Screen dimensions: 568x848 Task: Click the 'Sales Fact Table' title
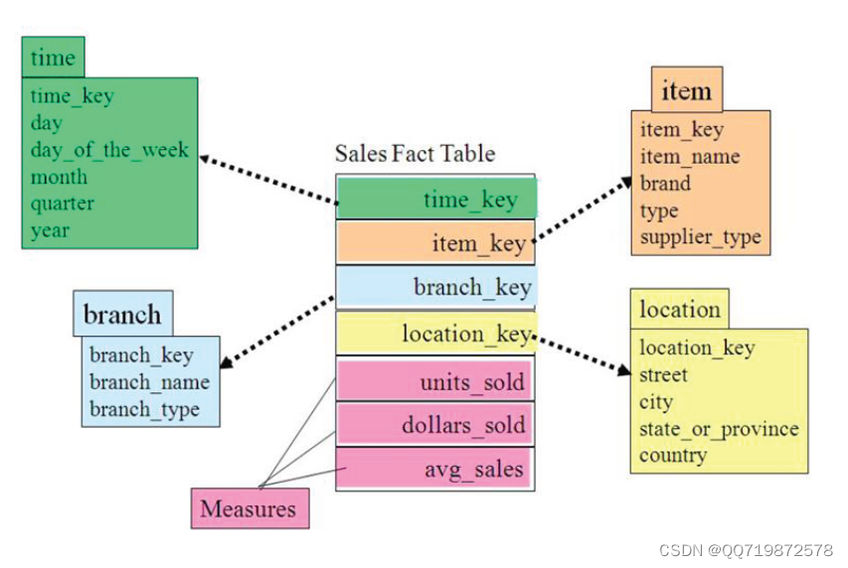click(x=415, y=154)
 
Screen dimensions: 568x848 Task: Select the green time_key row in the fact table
click(x=436, y=199)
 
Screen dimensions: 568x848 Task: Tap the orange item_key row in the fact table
click(x=436, y=242)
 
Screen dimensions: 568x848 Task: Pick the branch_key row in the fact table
click(x=436, y=287)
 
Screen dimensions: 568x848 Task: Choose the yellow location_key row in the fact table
click(x=436, y=334)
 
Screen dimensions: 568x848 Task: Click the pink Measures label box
click(x=249, y=509)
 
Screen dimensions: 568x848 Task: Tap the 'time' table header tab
click(x=53, y=58)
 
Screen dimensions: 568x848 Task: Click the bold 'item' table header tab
click(x=686, y=91)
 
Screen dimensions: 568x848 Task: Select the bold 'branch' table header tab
click(x=122, y=315)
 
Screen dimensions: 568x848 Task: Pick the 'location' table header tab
click(x=680, y=309)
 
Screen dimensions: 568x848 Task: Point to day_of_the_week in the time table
click(x=109, y=150)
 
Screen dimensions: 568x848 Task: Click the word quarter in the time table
click(x=63, y=204)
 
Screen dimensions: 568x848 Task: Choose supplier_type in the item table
click(x=701, y=236)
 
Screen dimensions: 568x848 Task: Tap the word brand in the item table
click(x=665, y=183)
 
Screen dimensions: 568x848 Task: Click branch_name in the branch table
click(x=149, y=382)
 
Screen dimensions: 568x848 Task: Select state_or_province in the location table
click(x=719, y=429)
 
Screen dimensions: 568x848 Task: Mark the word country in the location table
click(x=673, y=456)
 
